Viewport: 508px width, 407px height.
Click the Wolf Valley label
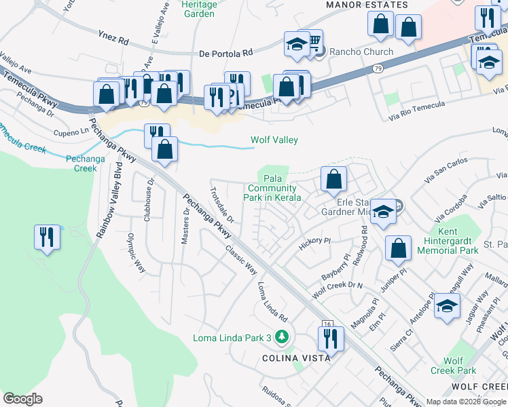274,140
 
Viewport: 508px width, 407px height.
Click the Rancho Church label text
361,52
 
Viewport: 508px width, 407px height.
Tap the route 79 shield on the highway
377,68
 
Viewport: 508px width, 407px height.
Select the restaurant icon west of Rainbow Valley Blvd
46,237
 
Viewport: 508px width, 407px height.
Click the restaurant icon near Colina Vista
331,338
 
